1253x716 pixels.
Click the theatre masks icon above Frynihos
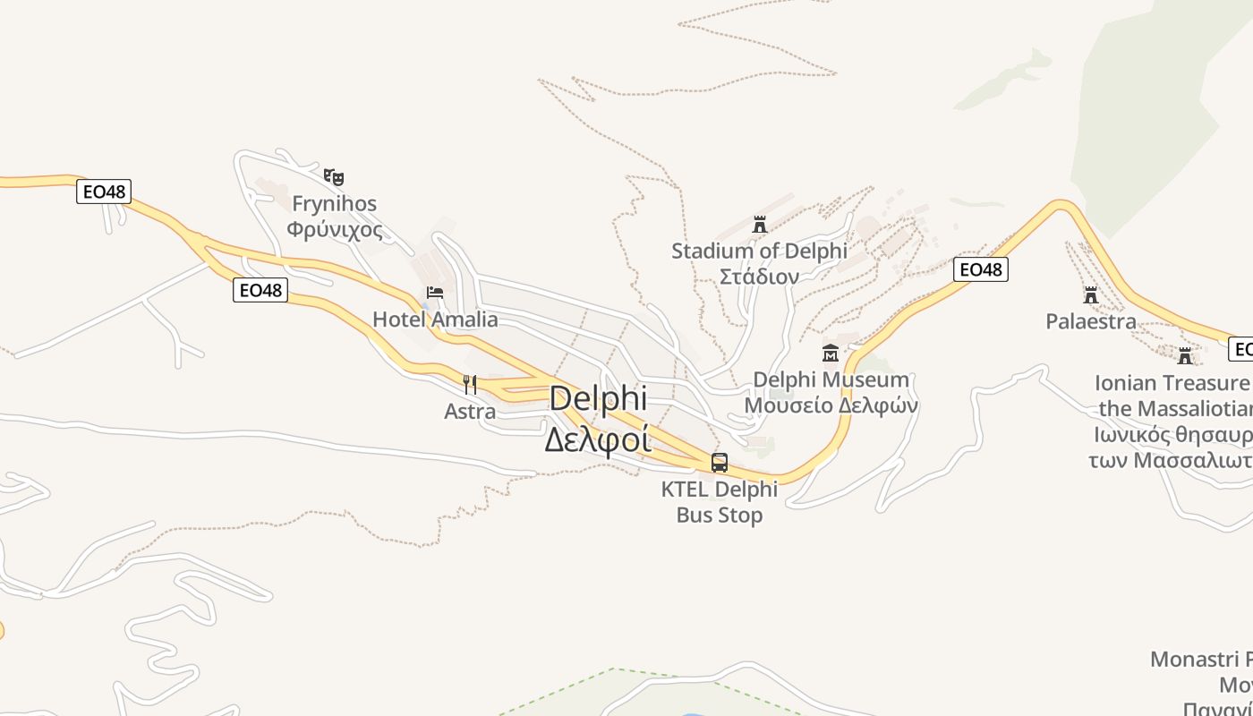334,177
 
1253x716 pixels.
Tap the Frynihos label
334,204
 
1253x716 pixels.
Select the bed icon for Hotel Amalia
435,293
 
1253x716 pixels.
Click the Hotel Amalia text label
435,320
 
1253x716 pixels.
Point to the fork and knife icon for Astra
470,385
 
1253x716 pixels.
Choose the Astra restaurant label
470,412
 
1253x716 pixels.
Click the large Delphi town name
597,399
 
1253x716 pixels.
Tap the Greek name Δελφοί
597,439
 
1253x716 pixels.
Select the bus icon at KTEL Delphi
720,463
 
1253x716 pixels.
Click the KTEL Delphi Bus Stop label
720,502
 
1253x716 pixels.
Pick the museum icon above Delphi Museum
831,353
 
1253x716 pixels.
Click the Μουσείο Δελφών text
831,405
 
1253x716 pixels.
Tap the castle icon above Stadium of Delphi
760,224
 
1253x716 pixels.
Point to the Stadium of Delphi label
759,251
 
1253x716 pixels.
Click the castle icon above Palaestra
1091,294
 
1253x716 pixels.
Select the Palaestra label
1091,321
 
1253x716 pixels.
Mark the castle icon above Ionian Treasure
1185,356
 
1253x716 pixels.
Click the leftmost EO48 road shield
103,191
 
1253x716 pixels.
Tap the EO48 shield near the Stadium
980,269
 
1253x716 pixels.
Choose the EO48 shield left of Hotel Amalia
260,290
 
